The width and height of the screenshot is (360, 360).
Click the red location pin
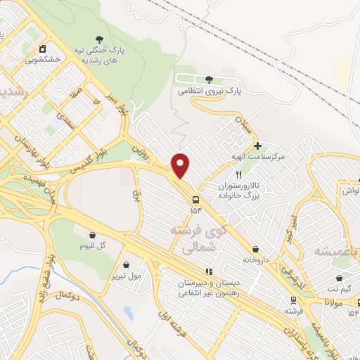181,165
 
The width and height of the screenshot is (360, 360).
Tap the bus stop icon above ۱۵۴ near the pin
195,198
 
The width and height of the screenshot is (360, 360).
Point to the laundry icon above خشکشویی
43,49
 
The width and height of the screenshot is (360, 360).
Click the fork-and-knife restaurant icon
239,174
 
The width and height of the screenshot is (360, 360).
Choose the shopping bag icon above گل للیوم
92,235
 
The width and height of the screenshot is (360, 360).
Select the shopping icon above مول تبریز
126,264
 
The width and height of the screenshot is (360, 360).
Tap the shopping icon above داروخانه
255,248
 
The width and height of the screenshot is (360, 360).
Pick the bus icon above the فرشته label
291,299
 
